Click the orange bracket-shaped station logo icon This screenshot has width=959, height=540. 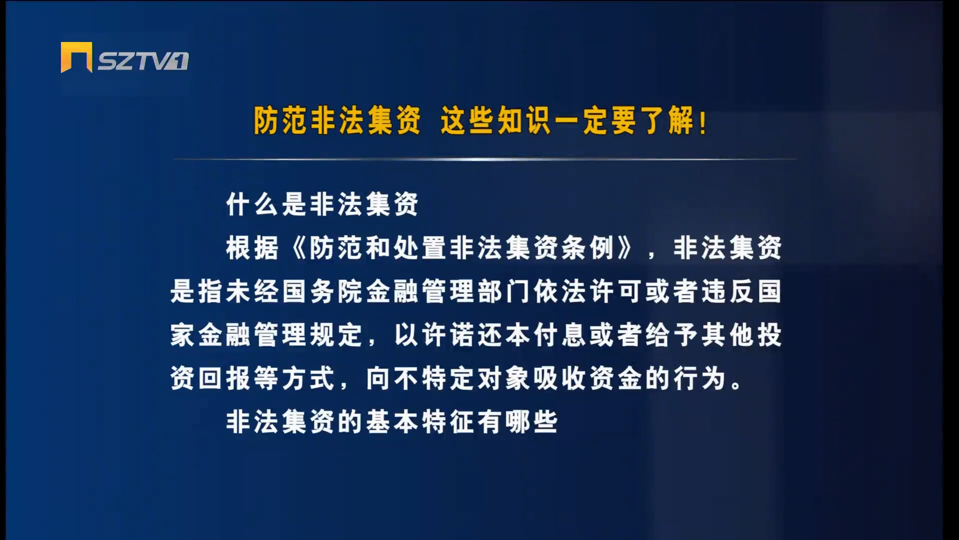pos(76,57)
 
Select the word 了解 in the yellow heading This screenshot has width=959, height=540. pos(667,121)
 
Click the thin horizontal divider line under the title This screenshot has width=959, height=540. pos(484,159)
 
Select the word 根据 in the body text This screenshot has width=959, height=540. pos(252,248)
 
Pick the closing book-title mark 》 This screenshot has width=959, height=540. pos(625,248)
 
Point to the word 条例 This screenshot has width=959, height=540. pos(588,248)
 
